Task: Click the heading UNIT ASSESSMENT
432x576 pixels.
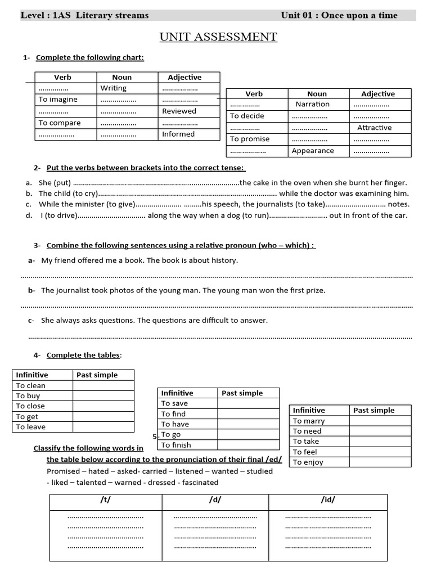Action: [218, 37]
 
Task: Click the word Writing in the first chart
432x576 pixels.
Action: [113, 88]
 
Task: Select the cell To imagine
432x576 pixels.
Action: [58, 100]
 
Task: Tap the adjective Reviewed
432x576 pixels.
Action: [179, 111]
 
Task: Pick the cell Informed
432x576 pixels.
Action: [178, 134]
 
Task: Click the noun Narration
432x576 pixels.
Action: [312, 105]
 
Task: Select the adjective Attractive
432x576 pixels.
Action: [374, 128]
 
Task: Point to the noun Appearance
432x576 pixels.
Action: [312, 151]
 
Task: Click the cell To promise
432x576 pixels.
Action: [249, 139]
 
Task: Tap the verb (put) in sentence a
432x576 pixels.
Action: [62, 183]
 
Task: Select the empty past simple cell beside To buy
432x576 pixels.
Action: [103, 396]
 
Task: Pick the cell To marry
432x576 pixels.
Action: [308, 421]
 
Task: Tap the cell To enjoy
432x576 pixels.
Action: [308, 462]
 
